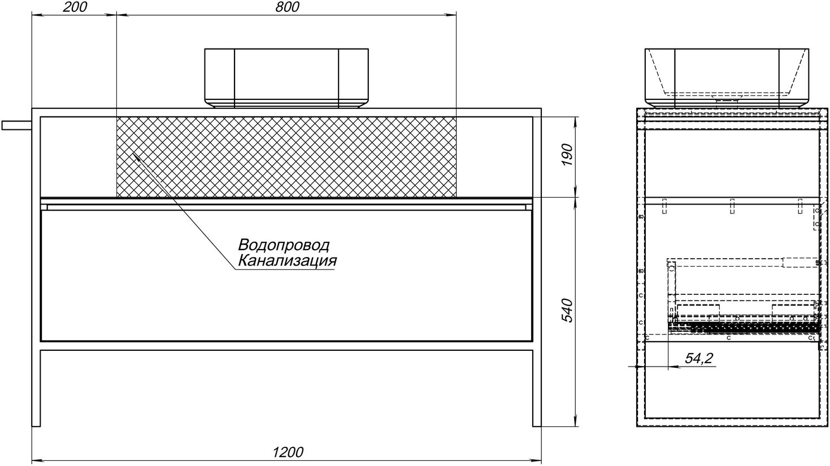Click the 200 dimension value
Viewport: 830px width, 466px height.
coord(75,7)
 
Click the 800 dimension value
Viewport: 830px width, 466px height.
coord(287,7)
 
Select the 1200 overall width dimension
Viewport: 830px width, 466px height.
coord(288,452)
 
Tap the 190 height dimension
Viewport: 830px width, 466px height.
coord(568,155)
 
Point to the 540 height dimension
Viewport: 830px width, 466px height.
coord(568,310)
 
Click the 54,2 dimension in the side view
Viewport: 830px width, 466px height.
coord(699,358)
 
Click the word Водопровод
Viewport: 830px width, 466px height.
coord(284,245)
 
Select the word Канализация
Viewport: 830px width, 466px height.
coord(287,261)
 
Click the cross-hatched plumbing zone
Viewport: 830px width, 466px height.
coord(286,157)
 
